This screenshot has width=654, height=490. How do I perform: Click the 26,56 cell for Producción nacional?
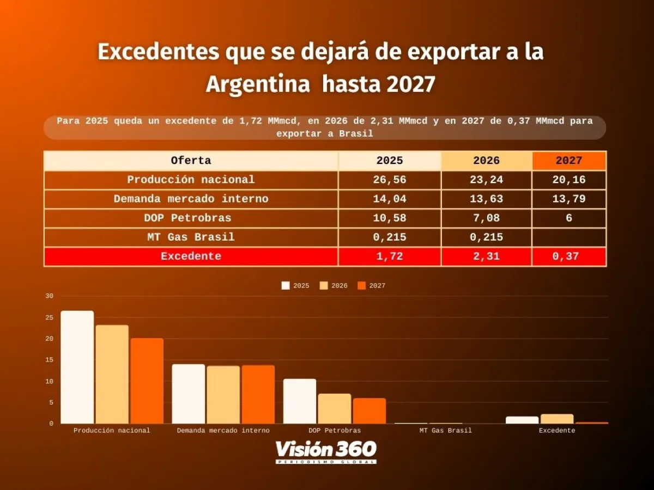390,180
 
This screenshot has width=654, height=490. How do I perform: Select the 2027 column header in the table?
568,161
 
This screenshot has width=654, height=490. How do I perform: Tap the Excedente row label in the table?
191,256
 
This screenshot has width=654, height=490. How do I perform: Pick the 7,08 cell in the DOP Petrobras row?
486,218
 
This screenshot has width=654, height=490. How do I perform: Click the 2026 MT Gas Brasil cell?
486,237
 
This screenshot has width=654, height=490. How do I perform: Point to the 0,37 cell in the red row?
568,256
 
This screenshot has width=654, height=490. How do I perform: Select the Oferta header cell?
191,161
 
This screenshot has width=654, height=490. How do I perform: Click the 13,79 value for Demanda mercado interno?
568,199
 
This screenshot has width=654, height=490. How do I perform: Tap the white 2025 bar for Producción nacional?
77,367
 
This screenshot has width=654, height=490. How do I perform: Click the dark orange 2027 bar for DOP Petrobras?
369,411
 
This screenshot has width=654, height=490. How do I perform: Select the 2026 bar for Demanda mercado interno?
223,394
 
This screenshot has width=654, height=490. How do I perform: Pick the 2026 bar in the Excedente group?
556,419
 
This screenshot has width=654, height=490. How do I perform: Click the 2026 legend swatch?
324,286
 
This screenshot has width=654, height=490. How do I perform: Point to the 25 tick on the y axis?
50,317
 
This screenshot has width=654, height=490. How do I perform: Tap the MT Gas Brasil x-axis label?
445,430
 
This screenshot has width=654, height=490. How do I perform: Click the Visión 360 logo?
326,451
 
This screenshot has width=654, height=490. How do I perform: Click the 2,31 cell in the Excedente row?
486,256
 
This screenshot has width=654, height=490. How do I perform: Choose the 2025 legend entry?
295,286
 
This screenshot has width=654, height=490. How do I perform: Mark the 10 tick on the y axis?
50,381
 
